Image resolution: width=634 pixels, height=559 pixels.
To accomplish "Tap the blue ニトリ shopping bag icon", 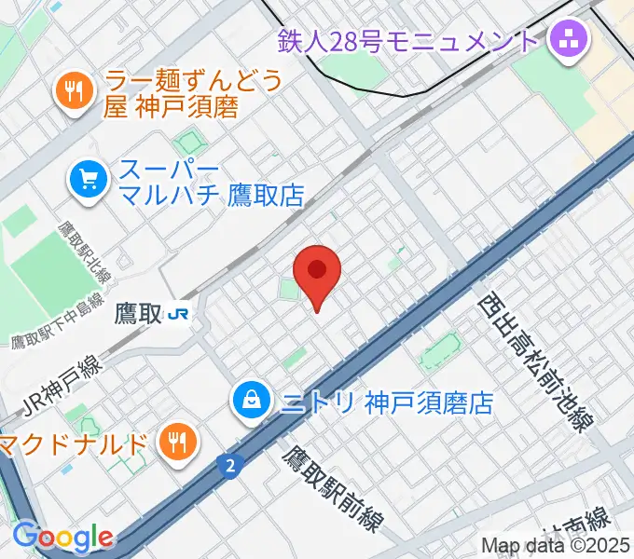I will click(x=251, y=402).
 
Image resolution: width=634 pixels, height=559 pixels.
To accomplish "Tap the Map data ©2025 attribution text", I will click(x=556, y=546).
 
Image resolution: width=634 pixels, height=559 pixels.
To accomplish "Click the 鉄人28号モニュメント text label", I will click(x=409, y=41).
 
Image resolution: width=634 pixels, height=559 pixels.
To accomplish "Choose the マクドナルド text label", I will click(x=75, y=442).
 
